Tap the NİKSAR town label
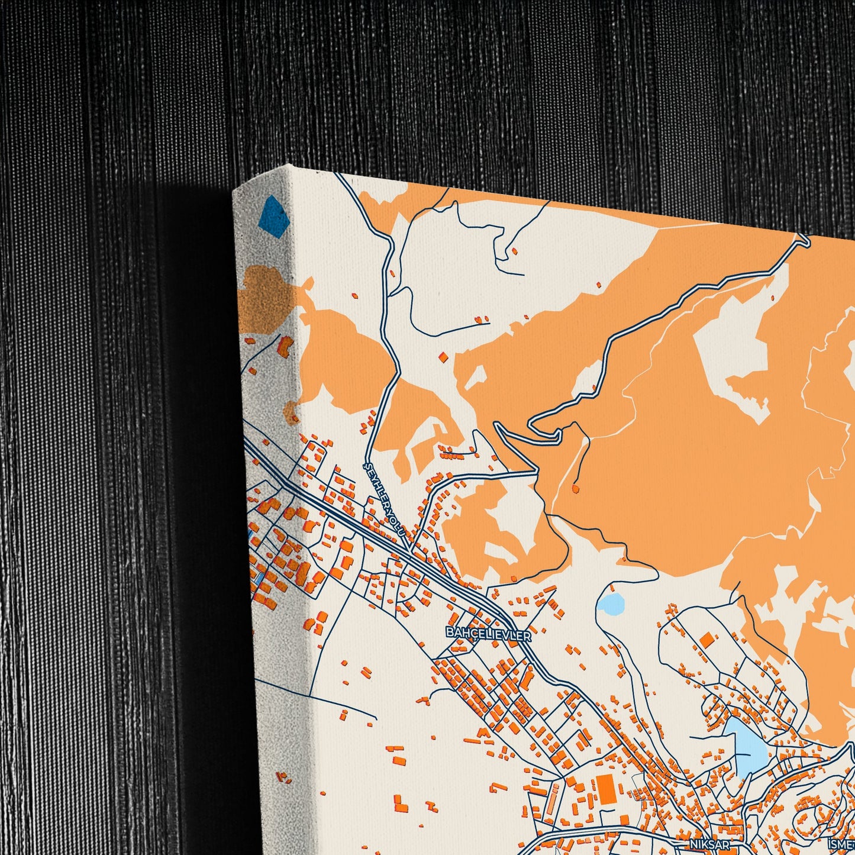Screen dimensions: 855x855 click(709, 844)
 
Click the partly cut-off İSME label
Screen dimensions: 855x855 click(843, 844)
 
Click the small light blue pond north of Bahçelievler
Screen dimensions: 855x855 click(610, 604)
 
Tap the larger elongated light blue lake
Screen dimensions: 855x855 click(747, 747)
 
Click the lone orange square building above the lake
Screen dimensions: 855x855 click(706, 640)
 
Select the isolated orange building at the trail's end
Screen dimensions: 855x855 click(575, 489)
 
